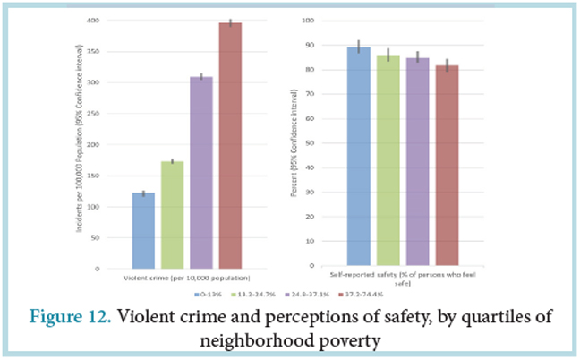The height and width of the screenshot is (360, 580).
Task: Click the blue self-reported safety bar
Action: coord(358,156)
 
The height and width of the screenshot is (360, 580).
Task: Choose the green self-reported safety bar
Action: coord(388,160)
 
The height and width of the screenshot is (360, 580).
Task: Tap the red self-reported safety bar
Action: coord(446,165)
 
